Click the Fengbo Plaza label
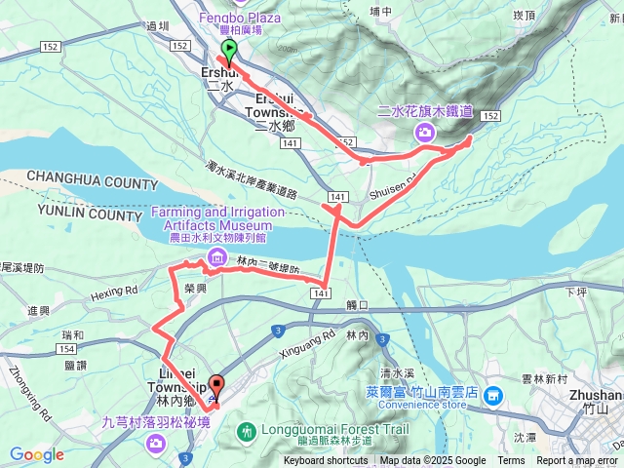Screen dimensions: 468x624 tap(239, 18)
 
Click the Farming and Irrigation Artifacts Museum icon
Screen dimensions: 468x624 tap(214, 257)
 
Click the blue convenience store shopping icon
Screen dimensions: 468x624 tap(494, 395)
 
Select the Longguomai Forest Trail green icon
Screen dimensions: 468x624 tap(246, 430)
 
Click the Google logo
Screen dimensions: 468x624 tap(37, 454)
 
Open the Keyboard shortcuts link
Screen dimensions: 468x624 tap(326, 461)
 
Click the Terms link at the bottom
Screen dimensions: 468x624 tap(511, 461)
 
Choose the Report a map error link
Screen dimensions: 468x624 tap(577, 461)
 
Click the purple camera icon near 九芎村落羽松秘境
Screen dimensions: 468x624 tap(156, 445)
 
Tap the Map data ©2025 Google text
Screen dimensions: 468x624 tap(433, 461)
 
